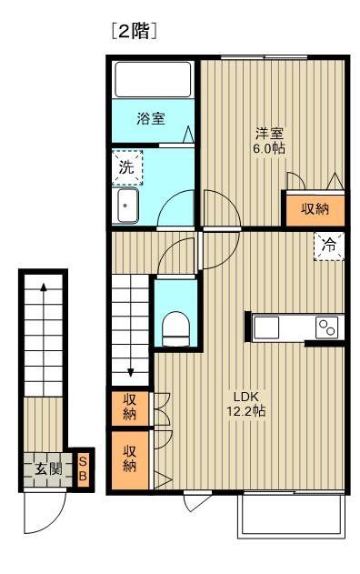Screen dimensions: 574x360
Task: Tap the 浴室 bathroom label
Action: (x=150, y=118)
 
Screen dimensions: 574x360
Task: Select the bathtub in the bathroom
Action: (x=153, y=79)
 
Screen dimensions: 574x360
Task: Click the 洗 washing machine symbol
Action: (x=127, y=166)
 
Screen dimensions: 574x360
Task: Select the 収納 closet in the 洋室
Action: (x=315, y=209)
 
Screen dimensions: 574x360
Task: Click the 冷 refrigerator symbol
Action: (x=329, y=245)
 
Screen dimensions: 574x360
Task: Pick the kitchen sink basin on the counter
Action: (x=269, y=327)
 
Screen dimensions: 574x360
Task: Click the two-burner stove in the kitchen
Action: (x=326, y=327)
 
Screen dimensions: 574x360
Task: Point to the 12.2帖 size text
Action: (x=247, y=412)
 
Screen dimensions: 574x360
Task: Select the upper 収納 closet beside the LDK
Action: (x=130, y=408)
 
